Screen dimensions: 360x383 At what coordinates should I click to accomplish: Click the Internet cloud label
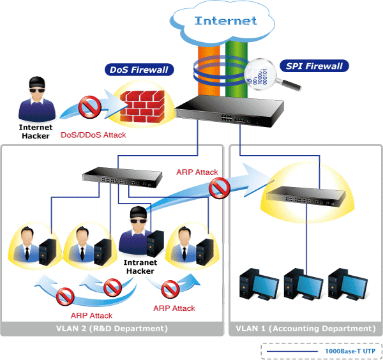pos(225,20)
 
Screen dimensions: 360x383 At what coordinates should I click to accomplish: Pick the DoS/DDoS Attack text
pos(93,135)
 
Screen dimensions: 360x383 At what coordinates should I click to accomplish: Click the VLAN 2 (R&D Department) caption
pos(112,329)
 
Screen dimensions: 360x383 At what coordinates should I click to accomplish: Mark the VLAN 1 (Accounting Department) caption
pos(304,329)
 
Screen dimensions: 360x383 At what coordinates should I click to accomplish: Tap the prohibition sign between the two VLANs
pos(219,188)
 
